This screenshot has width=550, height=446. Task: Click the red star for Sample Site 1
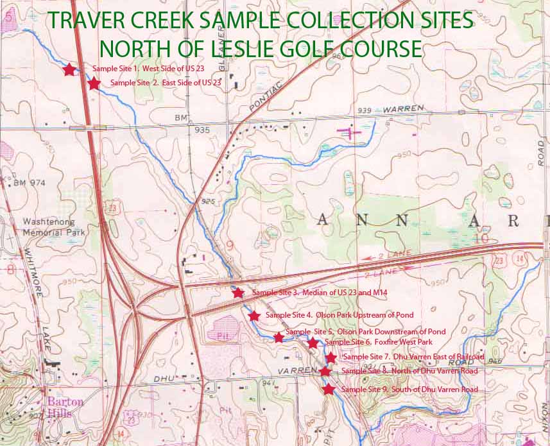[69, 69]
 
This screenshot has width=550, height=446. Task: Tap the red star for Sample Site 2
[94, 83]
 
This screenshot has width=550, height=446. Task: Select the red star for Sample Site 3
[238, 293]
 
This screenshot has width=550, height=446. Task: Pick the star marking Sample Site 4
[254, 316]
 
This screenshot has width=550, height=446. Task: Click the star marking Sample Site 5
[279, 338]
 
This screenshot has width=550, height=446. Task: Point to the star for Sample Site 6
[313, 343]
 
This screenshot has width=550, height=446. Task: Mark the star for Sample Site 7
[331, 358]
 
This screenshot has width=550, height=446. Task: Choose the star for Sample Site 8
[325, 372]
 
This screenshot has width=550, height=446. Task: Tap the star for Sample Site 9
[329, 390]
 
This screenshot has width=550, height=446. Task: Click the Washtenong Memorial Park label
[50, 226]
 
